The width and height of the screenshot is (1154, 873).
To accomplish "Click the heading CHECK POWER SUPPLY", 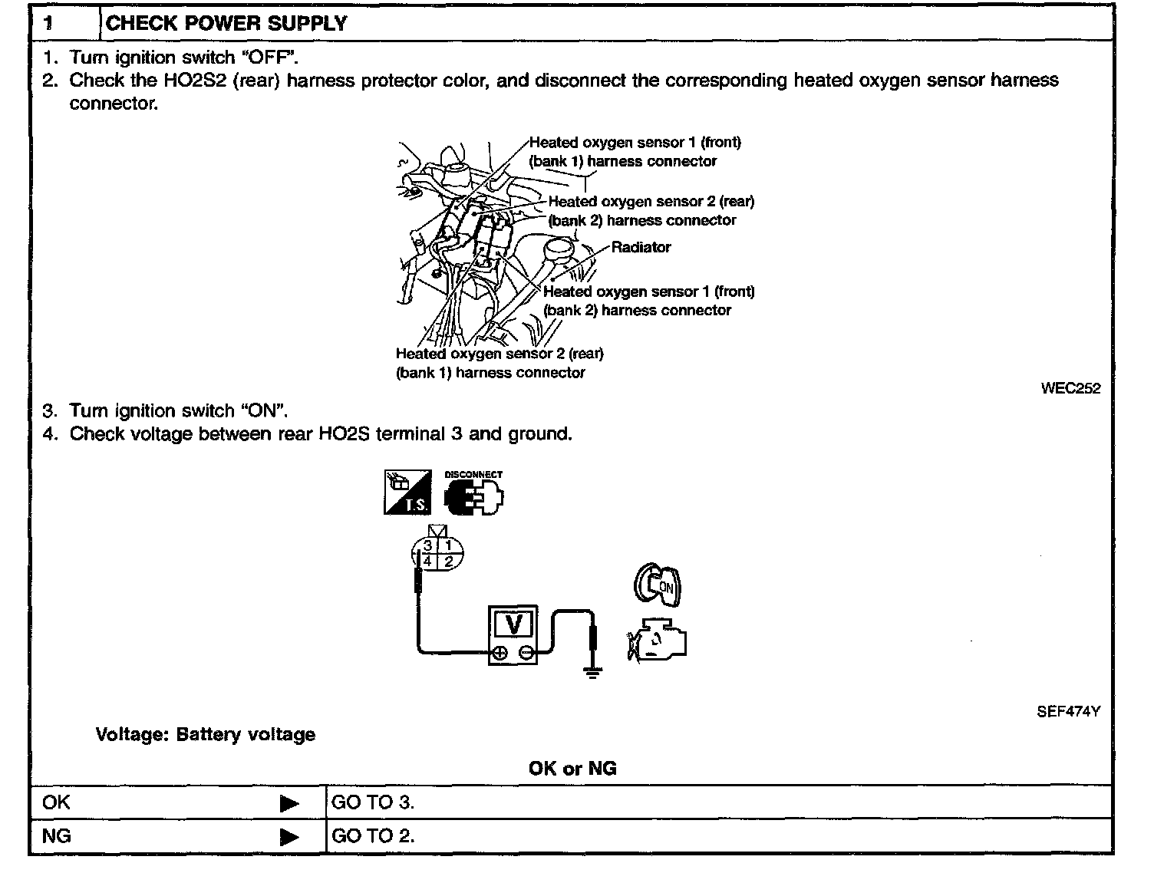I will pyautogui.click(x=226, y=23).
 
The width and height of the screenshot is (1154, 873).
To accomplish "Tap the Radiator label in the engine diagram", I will pyautogui.click(x=641, y=247).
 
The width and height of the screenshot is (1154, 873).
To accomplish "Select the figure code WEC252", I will pyautogui.click(x=1070, y=388).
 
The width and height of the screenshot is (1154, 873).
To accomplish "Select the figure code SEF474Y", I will pyautogui.click(x=1068, y=711).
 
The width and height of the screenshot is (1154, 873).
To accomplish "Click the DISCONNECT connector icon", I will pyautogui.click(x=474, y=495).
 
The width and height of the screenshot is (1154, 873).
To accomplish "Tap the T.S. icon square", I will pyautogui.click(x=406, y=493).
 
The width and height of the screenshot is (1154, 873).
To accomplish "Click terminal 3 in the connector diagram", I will pyautogui.click(x=427, y=545).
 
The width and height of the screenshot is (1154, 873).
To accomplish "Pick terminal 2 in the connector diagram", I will pyautogui.click(x=449, y=562).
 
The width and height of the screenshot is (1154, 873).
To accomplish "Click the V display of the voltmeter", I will pyautogui.click(x=514, y=625).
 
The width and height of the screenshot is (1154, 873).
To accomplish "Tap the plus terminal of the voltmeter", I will pyautogui.click(x=500, y=653).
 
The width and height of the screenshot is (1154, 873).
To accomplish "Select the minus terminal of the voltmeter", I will pyautogui.click(x=526, y=653).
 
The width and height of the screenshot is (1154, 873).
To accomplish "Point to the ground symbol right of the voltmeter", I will pyautogui.click(x=592, y=672).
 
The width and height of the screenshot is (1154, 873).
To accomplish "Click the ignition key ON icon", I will pyautogui.click(x=658, y=586).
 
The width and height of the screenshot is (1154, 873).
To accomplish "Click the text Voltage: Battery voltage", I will pyautogui.click(x=205, y=734).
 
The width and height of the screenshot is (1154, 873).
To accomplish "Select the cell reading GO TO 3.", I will pyautogui.click(x=372, y=802).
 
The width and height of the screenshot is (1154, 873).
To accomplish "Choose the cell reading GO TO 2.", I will pyautogui.click(x=372, y=835).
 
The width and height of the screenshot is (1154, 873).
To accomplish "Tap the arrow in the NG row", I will pyautogui.click(x=289, y=836).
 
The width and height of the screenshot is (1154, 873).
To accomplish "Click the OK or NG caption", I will pyautogui.click(x=572, y=768).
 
